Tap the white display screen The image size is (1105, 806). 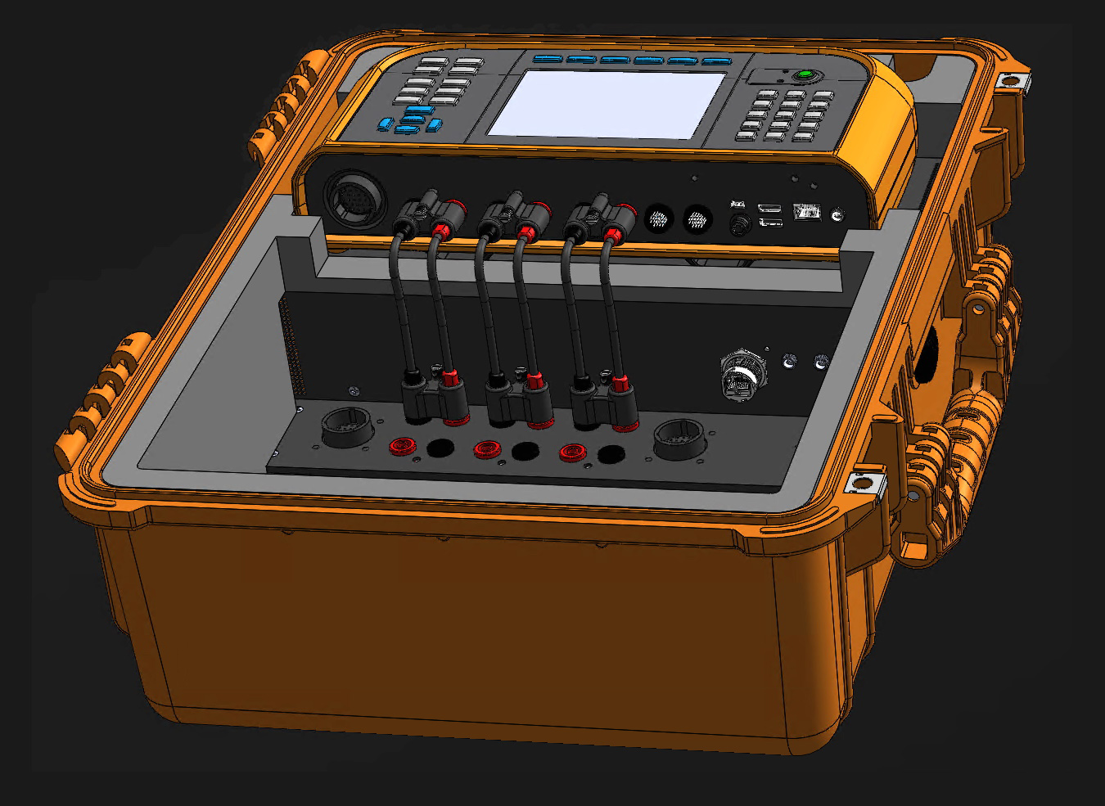coord(606,103)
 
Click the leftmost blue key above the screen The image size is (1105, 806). coord(548,58)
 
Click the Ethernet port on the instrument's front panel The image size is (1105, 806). coord(806,211)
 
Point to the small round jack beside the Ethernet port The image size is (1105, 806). coord(837,215)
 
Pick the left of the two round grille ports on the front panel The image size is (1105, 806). coord(659,218)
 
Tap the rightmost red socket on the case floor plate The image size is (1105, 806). coord(571,452)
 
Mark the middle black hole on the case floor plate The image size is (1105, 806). coord(525,451)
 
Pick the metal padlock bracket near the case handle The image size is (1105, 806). coord(864,482)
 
